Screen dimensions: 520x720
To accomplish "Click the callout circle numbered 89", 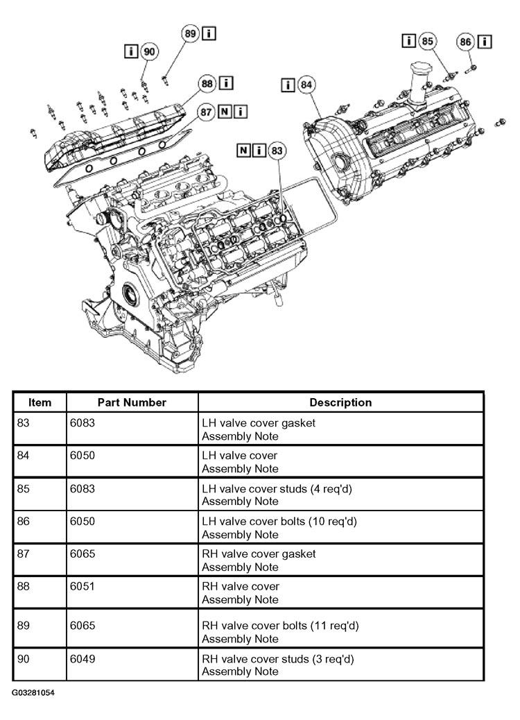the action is tap(190, 33).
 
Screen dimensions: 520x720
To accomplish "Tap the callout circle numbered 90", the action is tap(149, 51).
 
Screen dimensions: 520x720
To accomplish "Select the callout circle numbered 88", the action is tap(207, 83).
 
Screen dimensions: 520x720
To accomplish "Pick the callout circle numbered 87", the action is tap(206, 112).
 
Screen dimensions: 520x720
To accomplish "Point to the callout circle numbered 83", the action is tap(277, 151).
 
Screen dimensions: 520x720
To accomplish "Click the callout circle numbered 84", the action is tap(306, 85).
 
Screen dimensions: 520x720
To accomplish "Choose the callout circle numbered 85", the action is tap(427, 42).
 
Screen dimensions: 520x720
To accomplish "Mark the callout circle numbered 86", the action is tap(465, 42).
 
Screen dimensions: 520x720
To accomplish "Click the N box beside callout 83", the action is tap(244, 150).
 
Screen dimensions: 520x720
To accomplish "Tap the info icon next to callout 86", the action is tap(485, 42).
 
